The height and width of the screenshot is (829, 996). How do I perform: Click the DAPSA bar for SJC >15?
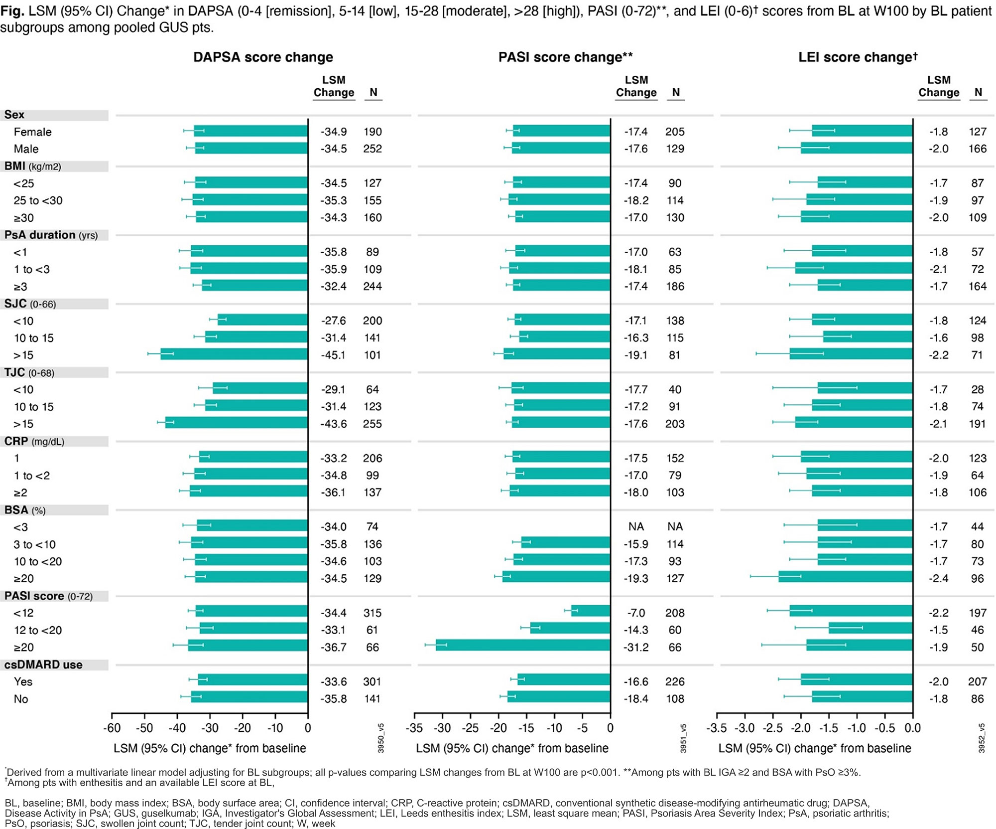(x=234, y=354)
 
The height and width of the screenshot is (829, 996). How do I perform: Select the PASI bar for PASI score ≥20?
(x=523, y=647)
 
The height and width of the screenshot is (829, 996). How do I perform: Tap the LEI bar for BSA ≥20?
(x=846, y=578)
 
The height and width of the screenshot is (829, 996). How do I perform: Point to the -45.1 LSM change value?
(x=333, y=355)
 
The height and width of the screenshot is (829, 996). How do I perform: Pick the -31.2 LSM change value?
(x=636, y=647)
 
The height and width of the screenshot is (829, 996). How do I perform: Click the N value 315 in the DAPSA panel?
(x=373, y=613)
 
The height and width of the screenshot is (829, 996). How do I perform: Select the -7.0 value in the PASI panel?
(x=636, y=613)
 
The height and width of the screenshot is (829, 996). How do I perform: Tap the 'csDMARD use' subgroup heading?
(x=43, y=664)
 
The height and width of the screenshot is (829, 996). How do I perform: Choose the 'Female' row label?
(x=32, y=132)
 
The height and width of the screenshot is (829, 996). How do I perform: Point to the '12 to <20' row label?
(x=38, y=630)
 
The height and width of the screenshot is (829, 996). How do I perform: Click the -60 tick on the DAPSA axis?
(x=112, y=728)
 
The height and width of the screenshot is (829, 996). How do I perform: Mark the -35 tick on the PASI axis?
(x=414, y=728)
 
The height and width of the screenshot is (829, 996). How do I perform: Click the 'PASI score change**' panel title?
(x=565, y=57)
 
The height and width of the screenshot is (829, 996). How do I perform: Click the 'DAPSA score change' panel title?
(x=263, y=57)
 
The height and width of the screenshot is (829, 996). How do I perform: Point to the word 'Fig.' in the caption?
(x=12, y=11)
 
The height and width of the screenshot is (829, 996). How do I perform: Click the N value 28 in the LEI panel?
(x=978, y=389)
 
